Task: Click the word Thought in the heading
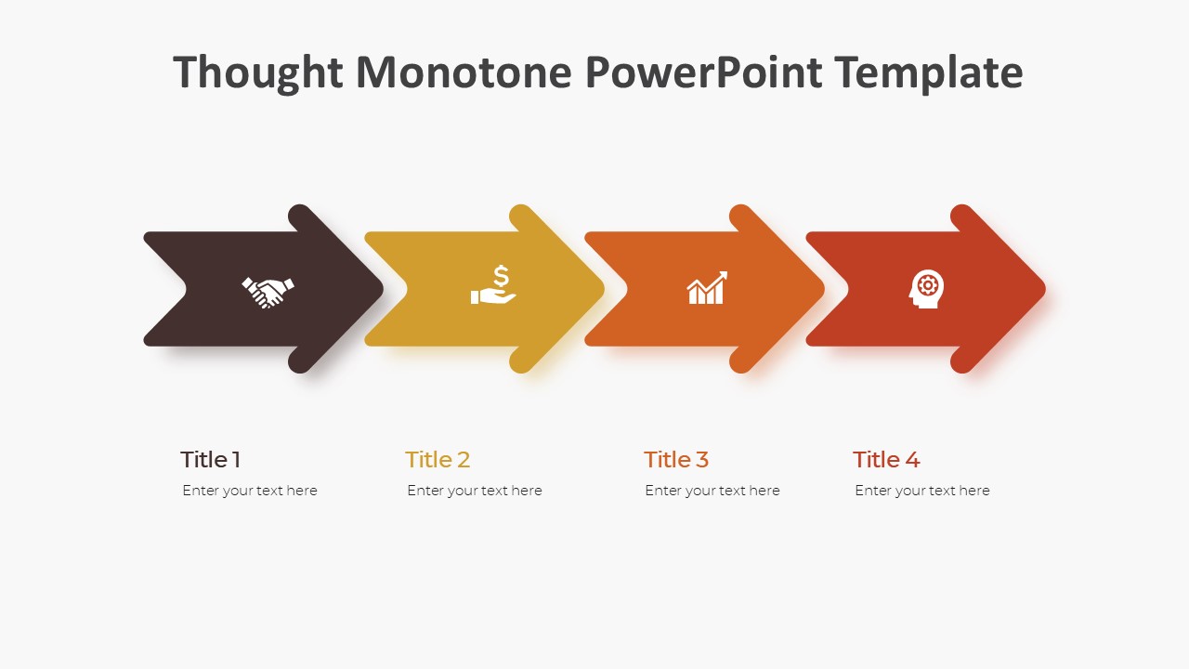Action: click(257, 72)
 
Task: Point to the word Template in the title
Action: click(929, 72)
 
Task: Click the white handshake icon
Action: click(268, 291)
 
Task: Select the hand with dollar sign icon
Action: click(493, 286)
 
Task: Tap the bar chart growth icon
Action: click(707, 289)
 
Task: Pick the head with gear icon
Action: click(925, 289)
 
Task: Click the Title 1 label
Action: click(211, 459)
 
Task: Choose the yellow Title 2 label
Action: click(438, 459)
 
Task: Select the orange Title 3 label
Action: click(676, 459)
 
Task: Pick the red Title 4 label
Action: click(886, 459)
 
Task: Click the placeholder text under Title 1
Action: click(250, 491)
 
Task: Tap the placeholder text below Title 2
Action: click(475, 491)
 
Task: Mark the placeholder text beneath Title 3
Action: click(712, 491)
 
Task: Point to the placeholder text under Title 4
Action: click(922, 491)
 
